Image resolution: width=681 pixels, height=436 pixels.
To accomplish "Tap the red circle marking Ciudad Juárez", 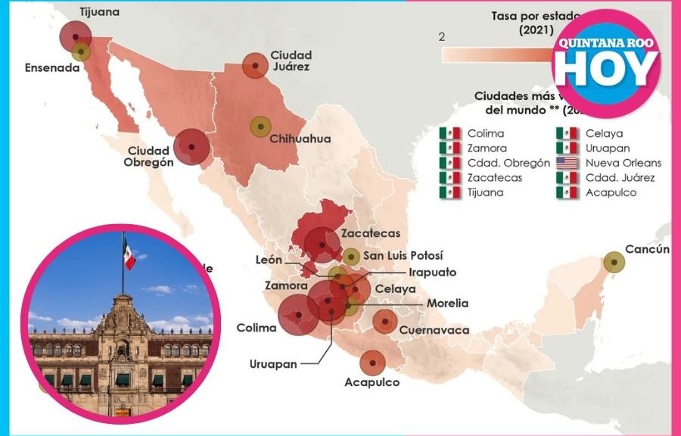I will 254,66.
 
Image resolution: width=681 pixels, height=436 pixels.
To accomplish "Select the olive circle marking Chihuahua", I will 260,126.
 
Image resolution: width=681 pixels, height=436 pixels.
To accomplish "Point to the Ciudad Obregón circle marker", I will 191,147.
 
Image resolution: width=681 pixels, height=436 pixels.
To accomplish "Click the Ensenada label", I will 52,67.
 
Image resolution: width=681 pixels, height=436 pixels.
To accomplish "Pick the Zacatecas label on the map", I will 370,233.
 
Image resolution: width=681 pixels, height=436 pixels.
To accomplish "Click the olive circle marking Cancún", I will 614,263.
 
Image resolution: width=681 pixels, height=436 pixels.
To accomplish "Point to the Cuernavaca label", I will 434,330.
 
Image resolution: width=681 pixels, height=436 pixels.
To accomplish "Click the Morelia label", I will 447,304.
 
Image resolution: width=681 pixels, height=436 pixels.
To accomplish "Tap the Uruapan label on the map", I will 273,363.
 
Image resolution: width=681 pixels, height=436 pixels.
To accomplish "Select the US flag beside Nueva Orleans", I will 566,163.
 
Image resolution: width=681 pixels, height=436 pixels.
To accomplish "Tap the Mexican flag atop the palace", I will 129,256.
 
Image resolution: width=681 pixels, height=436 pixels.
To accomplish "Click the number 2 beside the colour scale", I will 442,36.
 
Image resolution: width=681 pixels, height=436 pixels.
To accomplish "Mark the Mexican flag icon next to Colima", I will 449,134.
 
